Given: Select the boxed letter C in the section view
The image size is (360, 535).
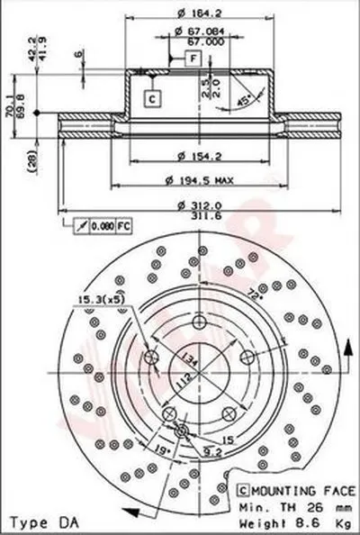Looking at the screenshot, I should (152, 97).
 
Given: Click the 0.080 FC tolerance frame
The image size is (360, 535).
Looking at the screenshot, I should (96, 222).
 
